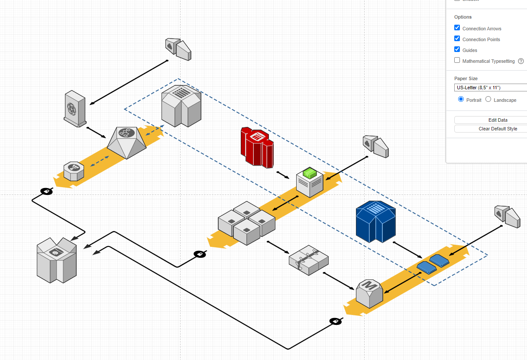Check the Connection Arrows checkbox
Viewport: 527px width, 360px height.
click(x=457, y=28)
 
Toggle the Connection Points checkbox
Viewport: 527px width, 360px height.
click(x=457, y=39)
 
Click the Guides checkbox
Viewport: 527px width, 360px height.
click(x=457, y=49)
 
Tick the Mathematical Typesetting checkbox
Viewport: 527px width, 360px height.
click(x=457, y=60)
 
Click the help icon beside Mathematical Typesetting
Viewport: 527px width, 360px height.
click(x=521, y=61)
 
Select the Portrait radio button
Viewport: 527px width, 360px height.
click(x=461, y=99)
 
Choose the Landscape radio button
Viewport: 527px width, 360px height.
click(x=488, y=99)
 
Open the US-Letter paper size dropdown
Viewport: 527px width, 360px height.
click(x=491, y=88)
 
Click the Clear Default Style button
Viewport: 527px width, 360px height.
click(x=491, y=129)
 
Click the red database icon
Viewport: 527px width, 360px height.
click(x=257, y=147)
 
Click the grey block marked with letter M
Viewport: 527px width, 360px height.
click(x=369, y=293)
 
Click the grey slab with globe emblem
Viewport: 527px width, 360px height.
click(x=75, y=108)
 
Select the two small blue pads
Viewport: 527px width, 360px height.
click(x=433, y=264)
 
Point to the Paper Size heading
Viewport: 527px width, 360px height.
click(x=466, y=78)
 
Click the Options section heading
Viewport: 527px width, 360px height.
click(x=462, y=17)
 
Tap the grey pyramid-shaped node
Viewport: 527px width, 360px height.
click(x=126, y=142)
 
